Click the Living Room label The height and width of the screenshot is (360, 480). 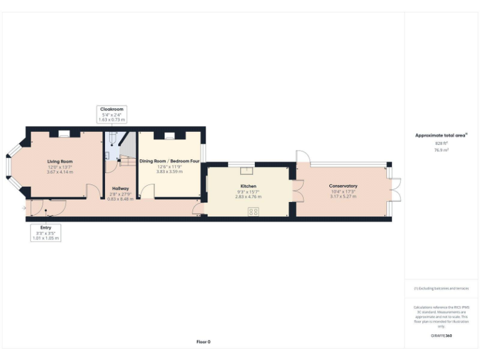[60, 162]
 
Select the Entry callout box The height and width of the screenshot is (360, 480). [46, 232]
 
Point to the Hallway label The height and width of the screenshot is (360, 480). [120, 188]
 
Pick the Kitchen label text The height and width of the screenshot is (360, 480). [249, 186]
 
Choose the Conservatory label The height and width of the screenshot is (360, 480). [342, 186]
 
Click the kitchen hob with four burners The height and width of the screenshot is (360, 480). [253, 211]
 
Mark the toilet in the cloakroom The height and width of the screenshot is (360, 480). [112, 139]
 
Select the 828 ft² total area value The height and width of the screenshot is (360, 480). [441, 143]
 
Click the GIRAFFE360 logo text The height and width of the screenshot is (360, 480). [441, 336]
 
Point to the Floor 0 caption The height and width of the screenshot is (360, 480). [203, 342]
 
